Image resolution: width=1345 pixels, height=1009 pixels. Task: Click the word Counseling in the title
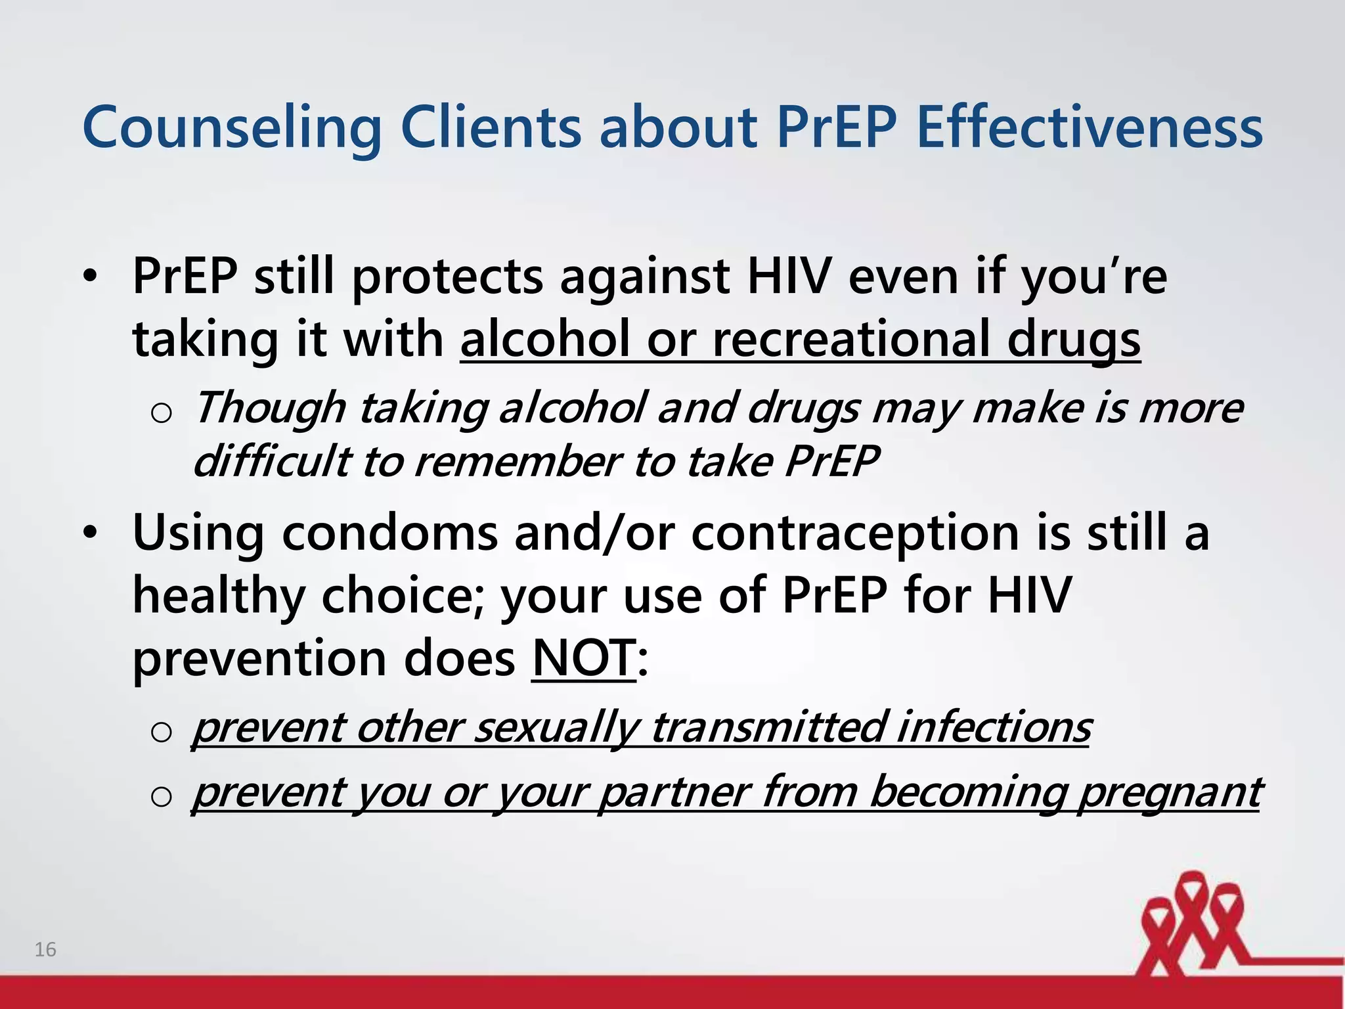pos(232,127)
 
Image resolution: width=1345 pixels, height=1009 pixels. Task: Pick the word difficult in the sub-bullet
pos(271,461)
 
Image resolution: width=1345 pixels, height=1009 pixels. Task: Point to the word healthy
pos(219,595)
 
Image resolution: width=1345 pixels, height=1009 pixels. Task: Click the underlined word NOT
pos(583,658)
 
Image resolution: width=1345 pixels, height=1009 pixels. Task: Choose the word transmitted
pos(768,728)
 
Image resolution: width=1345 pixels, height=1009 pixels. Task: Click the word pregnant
pos(1169,792)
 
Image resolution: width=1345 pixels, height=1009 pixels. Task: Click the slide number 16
pos(45,949)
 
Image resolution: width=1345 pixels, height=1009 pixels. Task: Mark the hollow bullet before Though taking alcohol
pos(161,413)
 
